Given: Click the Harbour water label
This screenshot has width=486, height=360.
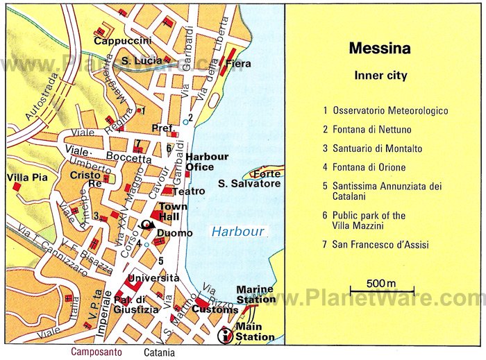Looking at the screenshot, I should (x=238, y=232).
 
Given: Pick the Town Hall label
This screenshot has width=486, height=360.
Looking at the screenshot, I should (x=174, y=212).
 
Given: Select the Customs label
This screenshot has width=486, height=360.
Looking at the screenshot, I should (x=215, y=309).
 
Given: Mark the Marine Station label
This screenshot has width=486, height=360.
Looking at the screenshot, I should (x=255, y=294).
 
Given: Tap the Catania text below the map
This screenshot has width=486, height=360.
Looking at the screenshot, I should (x=159, y=352).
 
